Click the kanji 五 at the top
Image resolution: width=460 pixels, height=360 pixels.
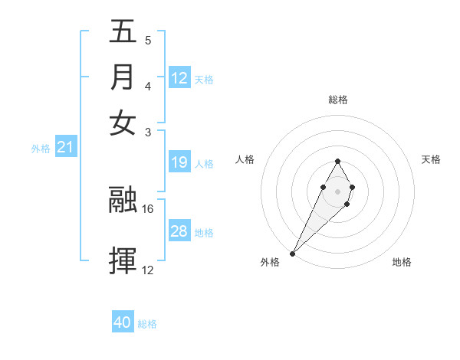(123, 33)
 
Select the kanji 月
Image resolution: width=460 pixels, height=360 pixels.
(123, 77)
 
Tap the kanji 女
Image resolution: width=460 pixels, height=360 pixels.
(123, 123)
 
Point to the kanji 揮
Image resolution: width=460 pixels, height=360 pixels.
(123, 260)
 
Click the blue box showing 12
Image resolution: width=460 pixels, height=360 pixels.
(179, 78)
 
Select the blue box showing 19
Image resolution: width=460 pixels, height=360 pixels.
(179, 162)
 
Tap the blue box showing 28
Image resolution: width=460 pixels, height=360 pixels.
(179, 231)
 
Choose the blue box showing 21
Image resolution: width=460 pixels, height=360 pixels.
(65, 148)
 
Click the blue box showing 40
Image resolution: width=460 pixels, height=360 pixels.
(123, 322)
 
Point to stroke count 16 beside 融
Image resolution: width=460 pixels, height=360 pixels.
(148, 208)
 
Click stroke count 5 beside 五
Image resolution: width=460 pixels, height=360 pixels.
(148, 40)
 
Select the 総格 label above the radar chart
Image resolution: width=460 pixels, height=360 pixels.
(337, 100)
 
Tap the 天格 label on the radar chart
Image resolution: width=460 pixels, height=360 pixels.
(431, 159)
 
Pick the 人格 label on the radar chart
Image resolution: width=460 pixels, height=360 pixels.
(245, 159)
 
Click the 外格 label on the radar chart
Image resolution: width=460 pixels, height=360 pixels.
(270, 263)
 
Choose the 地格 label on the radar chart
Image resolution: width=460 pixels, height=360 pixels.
(402, 263)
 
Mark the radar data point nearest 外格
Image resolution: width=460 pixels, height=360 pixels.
(293, 252)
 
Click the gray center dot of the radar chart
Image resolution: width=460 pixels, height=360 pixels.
(337, 190)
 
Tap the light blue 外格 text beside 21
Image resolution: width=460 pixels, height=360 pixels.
(41, 149)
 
